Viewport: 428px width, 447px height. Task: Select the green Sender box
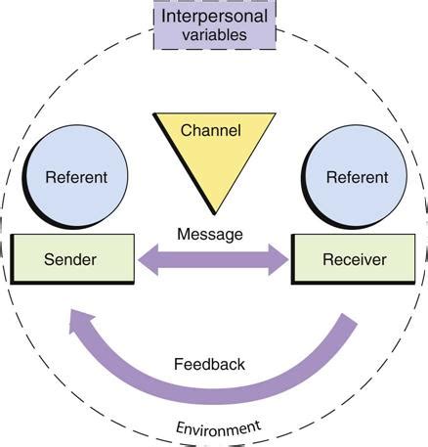tap(72, 260)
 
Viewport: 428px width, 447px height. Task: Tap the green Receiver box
tap(355, 260)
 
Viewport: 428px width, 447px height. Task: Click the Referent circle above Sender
tap(76, 180)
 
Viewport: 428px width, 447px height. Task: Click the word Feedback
tap(209, 364)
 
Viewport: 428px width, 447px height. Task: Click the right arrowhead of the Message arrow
tap(280, 261)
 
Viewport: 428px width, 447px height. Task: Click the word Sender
tap(72, 260)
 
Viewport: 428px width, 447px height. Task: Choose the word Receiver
tap(355, 260)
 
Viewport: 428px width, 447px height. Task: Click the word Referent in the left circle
tap(76, 179)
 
